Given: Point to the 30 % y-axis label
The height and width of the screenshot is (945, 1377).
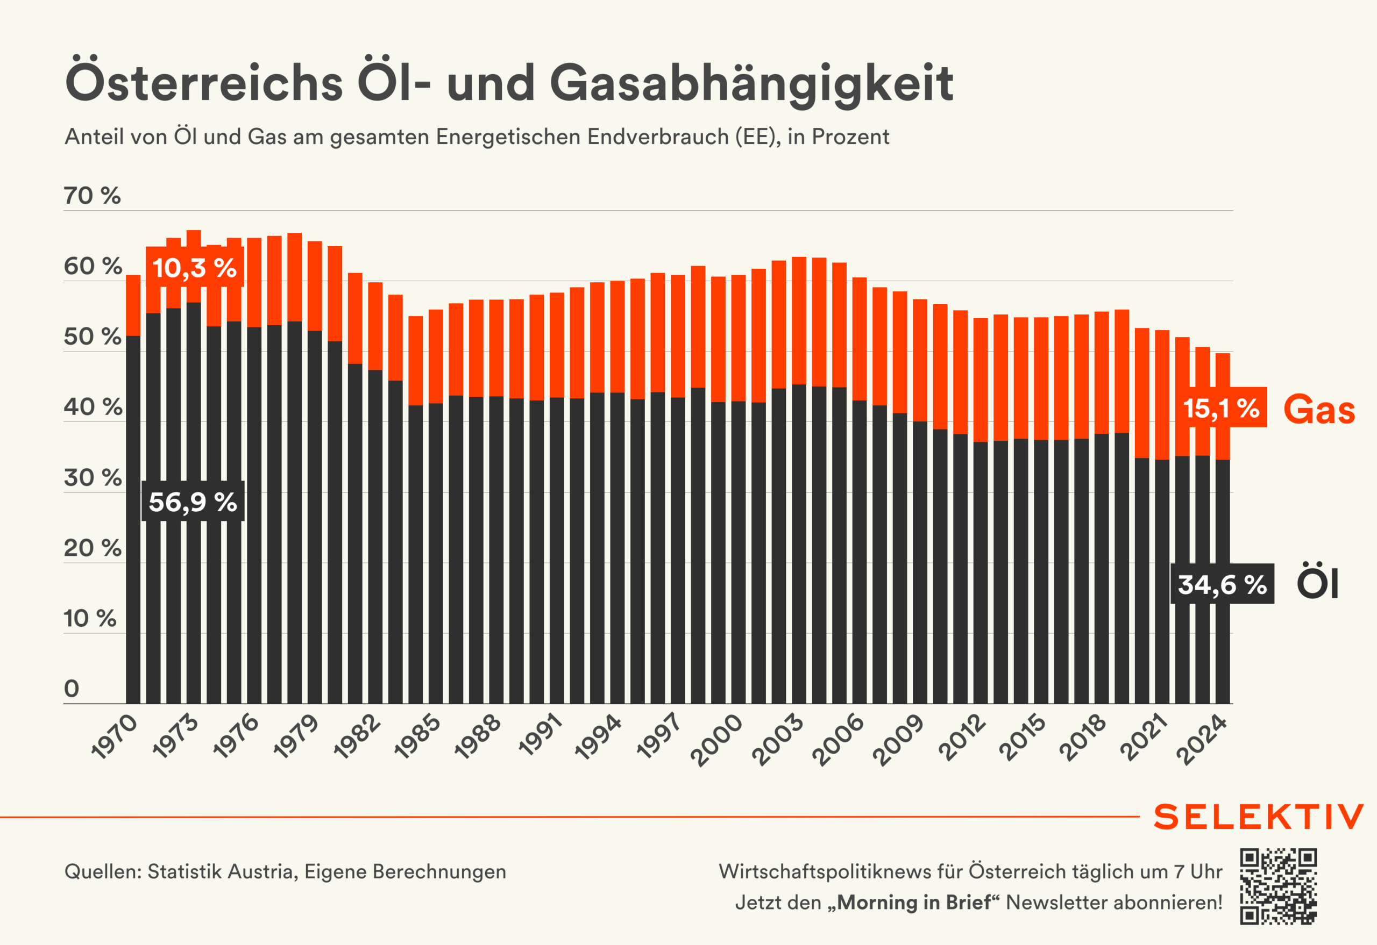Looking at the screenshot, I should pyautogui.click(x=93, y=478).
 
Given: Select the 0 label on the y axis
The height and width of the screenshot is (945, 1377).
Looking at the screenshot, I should pyautogui.click(x=72, y=689).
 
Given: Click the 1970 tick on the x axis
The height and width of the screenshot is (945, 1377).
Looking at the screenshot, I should pyautogui.click(x=115, y=736).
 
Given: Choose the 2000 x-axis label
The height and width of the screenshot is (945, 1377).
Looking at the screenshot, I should pyautogui.click(x=717, y=740).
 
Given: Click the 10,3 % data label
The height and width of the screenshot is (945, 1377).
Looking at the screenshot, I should pyautogui.click(x=194, y=268).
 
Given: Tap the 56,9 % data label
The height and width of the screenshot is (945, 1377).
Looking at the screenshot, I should pyautogui.click(x=193, y=502).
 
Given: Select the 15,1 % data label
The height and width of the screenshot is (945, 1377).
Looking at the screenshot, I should pyautogui.click(x=1220, y=408).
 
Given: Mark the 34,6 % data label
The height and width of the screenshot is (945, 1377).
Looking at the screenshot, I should pyautogui.click(x=1222, y=584).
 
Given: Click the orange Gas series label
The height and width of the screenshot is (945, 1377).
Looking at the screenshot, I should pyautogui.click(x=1319, y=409).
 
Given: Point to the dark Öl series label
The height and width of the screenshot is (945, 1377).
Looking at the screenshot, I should pyautogui.click(x=1317, y=583).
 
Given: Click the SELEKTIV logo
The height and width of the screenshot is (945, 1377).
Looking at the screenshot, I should pyautogui.click(x=1259, y=817).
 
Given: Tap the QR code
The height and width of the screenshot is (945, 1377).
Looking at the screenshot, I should pyautogui.click(x=1278, y=886).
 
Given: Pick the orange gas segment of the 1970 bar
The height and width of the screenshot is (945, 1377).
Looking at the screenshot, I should pyautogui.click(x=133, y=305).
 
